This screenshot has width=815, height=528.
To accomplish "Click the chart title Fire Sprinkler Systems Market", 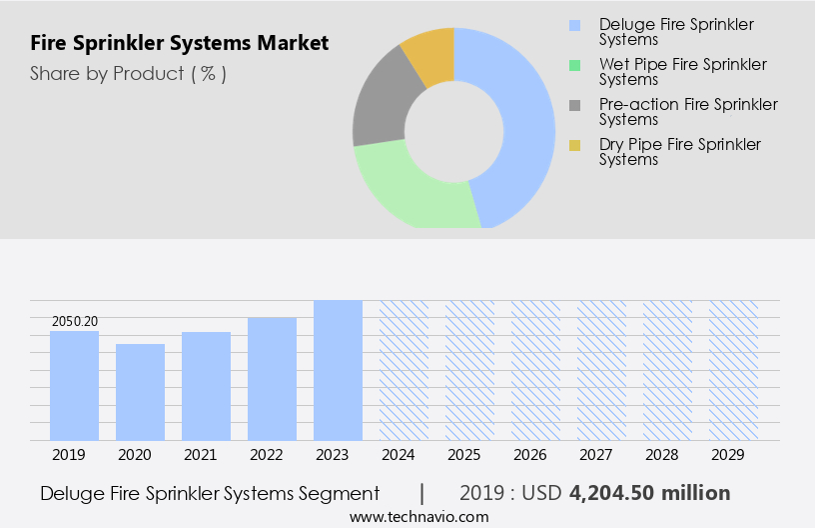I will click(x=179, y=44).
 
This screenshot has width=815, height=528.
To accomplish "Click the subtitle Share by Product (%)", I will click(x=128, y=73).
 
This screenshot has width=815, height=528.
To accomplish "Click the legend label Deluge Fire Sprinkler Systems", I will click(x=676, y=32).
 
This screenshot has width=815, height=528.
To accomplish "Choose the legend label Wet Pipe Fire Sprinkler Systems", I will click(x=682, y=72).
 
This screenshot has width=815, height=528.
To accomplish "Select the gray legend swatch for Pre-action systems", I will click(x=574, y=105).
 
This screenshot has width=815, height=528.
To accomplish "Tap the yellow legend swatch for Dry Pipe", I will click(x=574, y=145).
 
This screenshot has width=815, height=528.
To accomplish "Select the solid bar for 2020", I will click(x=140, y=392).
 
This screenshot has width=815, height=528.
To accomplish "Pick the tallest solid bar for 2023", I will click(x=338, y=370).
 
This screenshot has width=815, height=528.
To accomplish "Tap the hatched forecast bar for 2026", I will click(x=535, y=370).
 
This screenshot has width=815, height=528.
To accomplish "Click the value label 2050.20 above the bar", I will click(x=74, y=321).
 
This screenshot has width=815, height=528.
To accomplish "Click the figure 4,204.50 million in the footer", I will click(x=649, y=493).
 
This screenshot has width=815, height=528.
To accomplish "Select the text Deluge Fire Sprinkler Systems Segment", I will click(x=210, y=493).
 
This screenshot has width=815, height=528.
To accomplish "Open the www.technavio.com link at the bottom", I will click(x=419, y=516).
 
